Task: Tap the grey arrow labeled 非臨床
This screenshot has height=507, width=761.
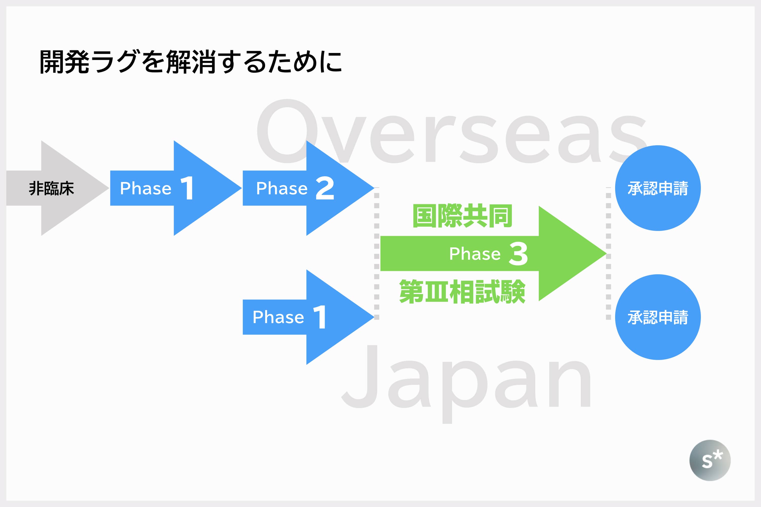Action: pos(52,188)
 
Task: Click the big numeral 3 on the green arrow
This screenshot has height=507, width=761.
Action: pos(518,253)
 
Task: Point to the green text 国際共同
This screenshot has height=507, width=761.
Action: pos(462,216)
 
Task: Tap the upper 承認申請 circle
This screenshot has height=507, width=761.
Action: pos(658,188)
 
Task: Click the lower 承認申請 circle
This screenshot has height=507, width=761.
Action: pos(658,317)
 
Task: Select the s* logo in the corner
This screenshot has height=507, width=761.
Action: pos(710,460)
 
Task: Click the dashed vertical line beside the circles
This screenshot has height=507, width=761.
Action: pos(608,256)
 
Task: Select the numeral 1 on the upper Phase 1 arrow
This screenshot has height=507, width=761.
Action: pos(187,188)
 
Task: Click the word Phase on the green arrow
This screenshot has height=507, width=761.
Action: pos(475,254)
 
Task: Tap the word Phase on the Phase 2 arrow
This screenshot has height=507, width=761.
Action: pos(282,188)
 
